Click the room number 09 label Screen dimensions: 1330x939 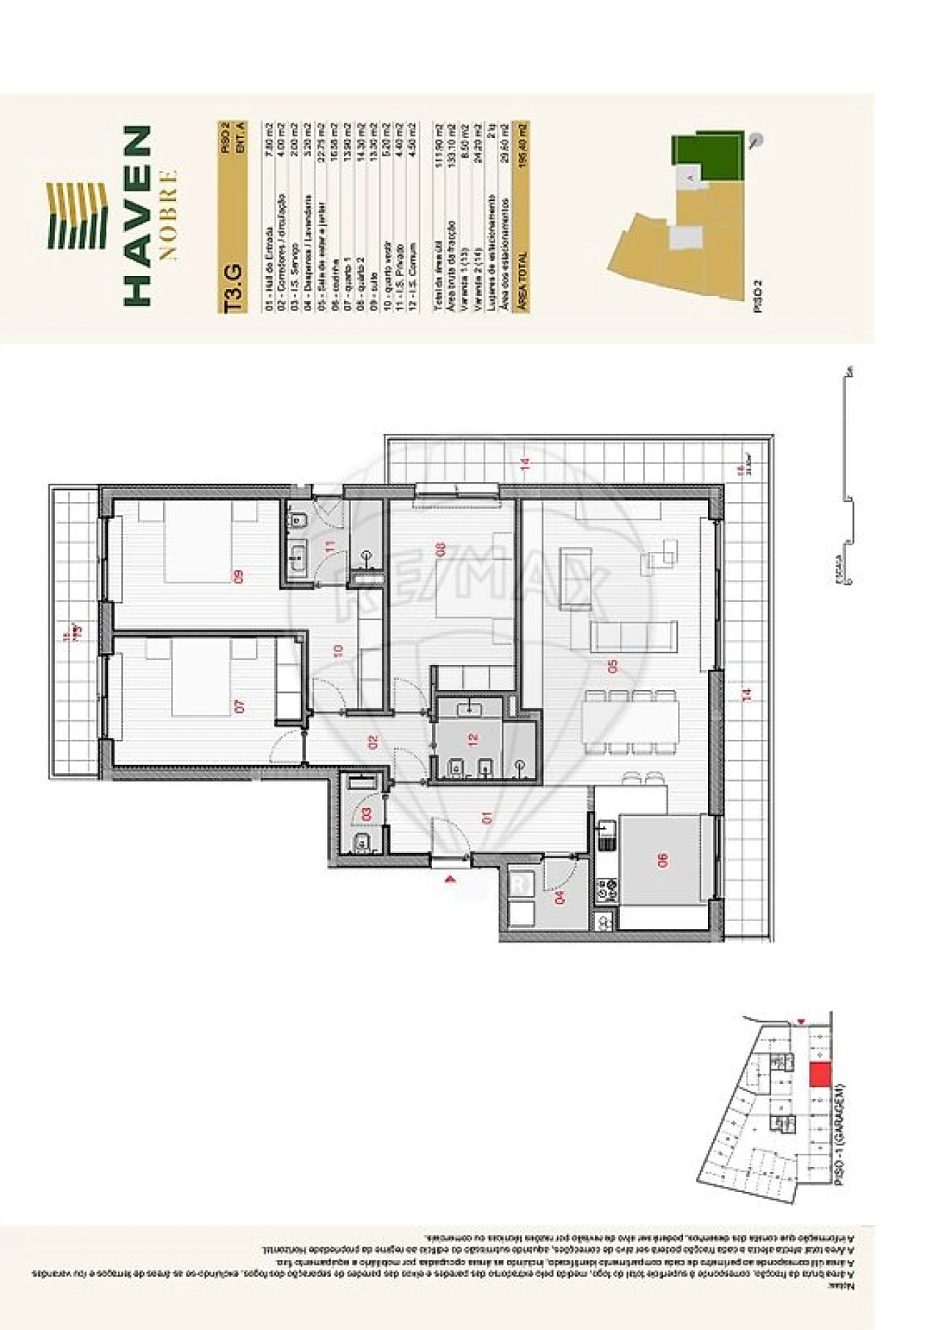coord(239,577)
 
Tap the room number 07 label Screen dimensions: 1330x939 coord(239,706)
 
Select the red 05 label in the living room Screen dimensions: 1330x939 coord(613,666)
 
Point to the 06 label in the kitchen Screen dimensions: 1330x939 coord(664,860)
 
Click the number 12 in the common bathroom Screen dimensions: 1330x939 coord(473,739)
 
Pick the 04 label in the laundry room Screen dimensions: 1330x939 coord(561,897)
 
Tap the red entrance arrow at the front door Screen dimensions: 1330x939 coord(450,878)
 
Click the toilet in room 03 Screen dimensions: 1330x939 coord(362,843)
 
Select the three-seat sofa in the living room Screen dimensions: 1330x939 coord(635,636)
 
